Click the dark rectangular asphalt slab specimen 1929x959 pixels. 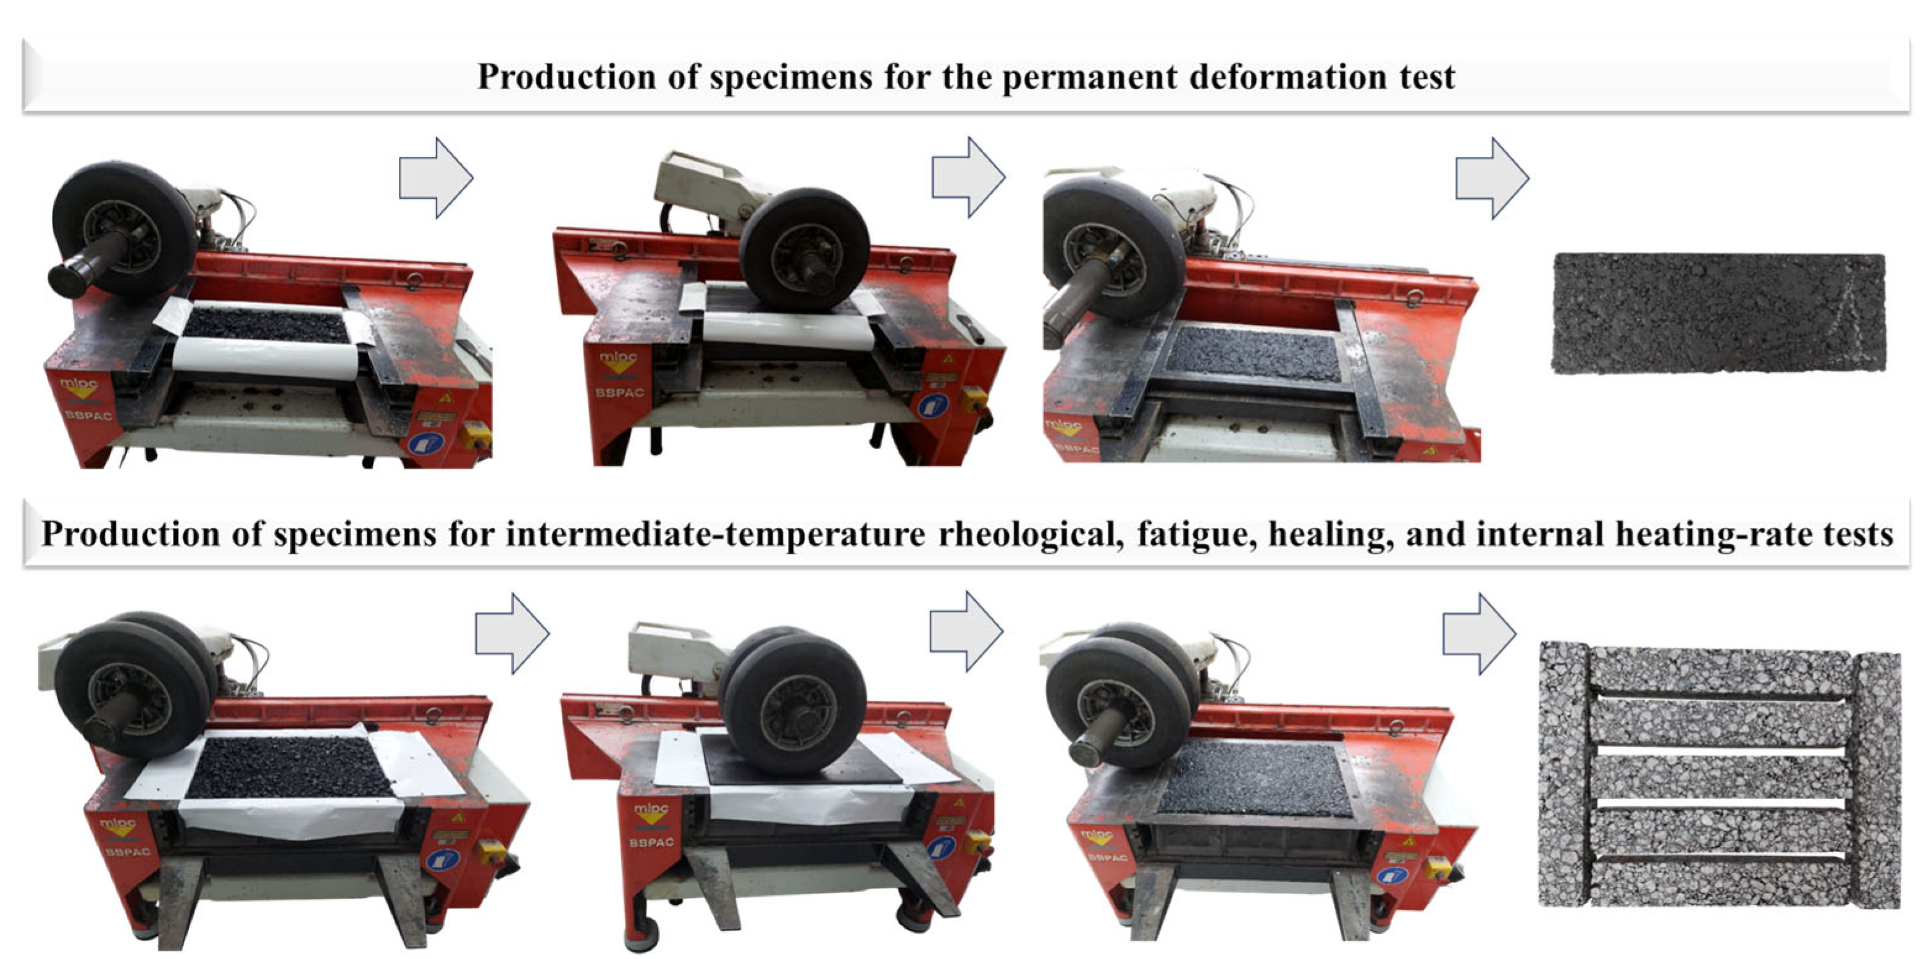coord(1718,313)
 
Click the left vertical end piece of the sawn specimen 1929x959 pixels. coord(1563,775)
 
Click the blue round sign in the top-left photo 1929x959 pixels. coord(425,443)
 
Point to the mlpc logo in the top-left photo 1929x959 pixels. coord(78,387)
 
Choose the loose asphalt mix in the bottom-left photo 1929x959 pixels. coord(288,768)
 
